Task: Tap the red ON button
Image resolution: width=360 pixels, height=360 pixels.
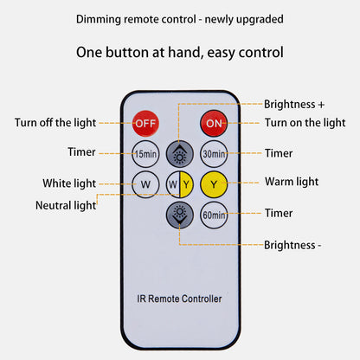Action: coord(214,123)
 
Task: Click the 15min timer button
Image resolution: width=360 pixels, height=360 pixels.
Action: coord(145,154)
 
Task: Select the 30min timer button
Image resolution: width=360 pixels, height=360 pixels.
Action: coord(214,154)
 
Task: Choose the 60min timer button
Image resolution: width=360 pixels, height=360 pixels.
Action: coord(214,215)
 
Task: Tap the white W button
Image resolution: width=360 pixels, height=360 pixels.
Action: coord(145,184)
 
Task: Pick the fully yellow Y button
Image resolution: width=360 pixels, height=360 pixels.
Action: coord(214,184)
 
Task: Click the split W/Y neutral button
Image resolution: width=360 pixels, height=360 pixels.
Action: coord(180,184)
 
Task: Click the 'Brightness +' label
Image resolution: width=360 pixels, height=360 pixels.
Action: coord(294,104)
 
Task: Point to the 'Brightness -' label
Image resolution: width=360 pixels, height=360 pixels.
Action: coord(292,245)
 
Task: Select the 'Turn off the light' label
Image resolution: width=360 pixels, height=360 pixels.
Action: coord(55,123)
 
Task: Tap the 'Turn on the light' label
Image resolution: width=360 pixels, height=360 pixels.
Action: coord(305,123)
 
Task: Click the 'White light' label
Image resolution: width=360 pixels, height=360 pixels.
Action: coord(69,183)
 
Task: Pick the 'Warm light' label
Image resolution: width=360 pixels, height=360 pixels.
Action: coord(292,182)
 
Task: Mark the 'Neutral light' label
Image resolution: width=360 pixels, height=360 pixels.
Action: coord(66,205)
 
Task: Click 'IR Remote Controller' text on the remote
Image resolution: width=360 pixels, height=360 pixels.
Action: coord(179,299)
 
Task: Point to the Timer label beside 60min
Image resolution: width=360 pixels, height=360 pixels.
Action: coord(279,213)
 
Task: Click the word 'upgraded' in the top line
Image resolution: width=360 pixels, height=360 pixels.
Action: coord(260,20)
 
